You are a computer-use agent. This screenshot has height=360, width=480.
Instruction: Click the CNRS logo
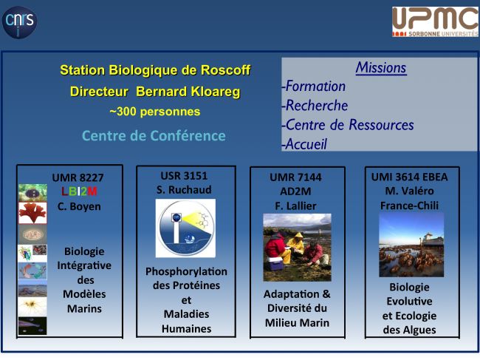pyautogui.click(x=19, y=22)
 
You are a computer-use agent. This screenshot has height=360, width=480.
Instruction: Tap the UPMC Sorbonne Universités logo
pyautogui.click(x=435, y=21)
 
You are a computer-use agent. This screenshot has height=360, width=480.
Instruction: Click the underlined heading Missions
pyautogui.click(x=381, y=68)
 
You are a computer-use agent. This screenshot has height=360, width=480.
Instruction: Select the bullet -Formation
pyautogui.click(x=314, y=86)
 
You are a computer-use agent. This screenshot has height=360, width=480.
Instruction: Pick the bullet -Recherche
pyautogui.click(x=315, y=106)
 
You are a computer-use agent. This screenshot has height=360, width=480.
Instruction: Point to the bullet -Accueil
pyautogui.click(x=304, y=144)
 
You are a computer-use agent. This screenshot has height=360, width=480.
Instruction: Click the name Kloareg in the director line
pyautogui.click(x=215, y=92)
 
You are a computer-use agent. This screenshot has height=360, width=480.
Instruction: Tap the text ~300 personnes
pyautogui.click(x=155, y=112)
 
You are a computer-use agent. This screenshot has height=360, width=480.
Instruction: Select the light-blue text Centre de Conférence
pyautogui.click(x=154, y=136)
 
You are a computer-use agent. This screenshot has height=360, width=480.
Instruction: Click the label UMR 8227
pyautogui.click(x=78, y=177)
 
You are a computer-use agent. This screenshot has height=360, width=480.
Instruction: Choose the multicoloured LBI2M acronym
pyautogui.click(x=79, y=191)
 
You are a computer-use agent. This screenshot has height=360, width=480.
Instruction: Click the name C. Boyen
pyautogui.click(x=79, y=206)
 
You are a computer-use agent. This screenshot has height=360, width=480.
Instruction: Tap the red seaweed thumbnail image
pyautogui.click(x=32, y=213)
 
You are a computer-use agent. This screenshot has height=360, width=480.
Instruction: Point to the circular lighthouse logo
pyautogui.click(x=185, y=228)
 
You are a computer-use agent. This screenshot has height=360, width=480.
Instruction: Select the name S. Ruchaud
pyautogui.click(x=184, y=190)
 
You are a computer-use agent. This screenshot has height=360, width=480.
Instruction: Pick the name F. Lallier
pyautogui.click(x=295, y=206)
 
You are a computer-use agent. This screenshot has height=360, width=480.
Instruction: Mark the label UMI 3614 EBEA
pyautogui.click(x=409, y=177)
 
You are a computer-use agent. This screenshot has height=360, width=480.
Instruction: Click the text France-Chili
pyautogui.click(x=409, y=206)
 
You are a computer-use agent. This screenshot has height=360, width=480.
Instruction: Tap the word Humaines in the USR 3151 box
pyautogui.click(x=186, y=329)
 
